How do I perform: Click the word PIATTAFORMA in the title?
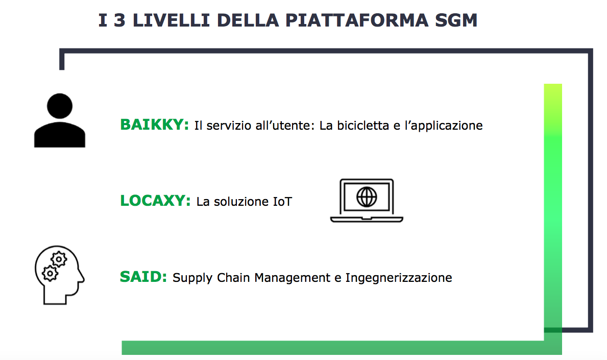(357, 20)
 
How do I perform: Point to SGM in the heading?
(456, 20)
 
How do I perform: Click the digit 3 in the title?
(119, 20)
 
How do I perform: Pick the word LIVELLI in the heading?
(171, 20)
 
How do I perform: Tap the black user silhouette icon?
(60, 121)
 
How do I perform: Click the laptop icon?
(367, 201)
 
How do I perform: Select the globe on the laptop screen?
(367, 197)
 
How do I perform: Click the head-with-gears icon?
(59, 275)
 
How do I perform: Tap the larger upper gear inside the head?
(59, 259)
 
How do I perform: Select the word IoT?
(282, 202)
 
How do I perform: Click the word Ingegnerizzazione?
(399, 278)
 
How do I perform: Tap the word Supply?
(192, 278)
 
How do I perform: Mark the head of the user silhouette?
(60, 106)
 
